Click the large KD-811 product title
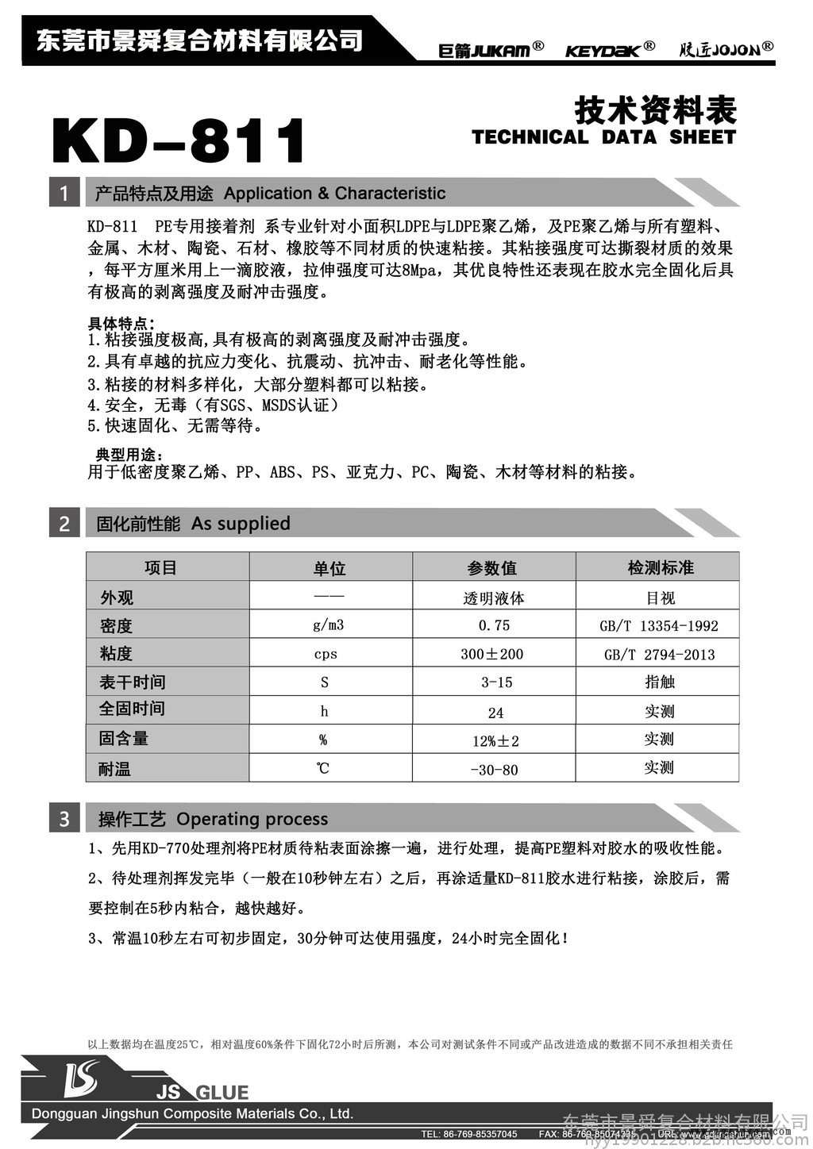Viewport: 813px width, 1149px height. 179,141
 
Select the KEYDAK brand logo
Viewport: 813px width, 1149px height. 609,49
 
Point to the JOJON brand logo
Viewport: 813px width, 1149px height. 726,49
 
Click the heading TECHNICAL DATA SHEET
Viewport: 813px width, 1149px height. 603,137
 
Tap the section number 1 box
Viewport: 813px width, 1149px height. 64,193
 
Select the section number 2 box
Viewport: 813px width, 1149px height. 64,524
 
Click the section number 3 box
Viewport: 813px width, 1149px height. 64,819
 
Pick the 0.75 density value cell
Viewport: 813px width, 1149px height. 494,625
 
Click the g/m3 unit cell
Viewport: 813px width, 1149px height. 328,625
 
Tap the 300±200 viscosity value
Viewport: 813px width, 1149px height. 492,654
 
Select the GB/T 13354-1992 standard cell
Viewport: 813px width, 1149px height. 658,626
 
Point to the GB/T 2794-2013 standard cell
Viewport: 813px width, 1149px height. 659,655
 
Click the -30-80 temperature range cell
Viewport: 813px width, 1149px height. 494,770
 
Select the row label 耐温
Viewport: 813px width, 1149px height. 115,769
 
